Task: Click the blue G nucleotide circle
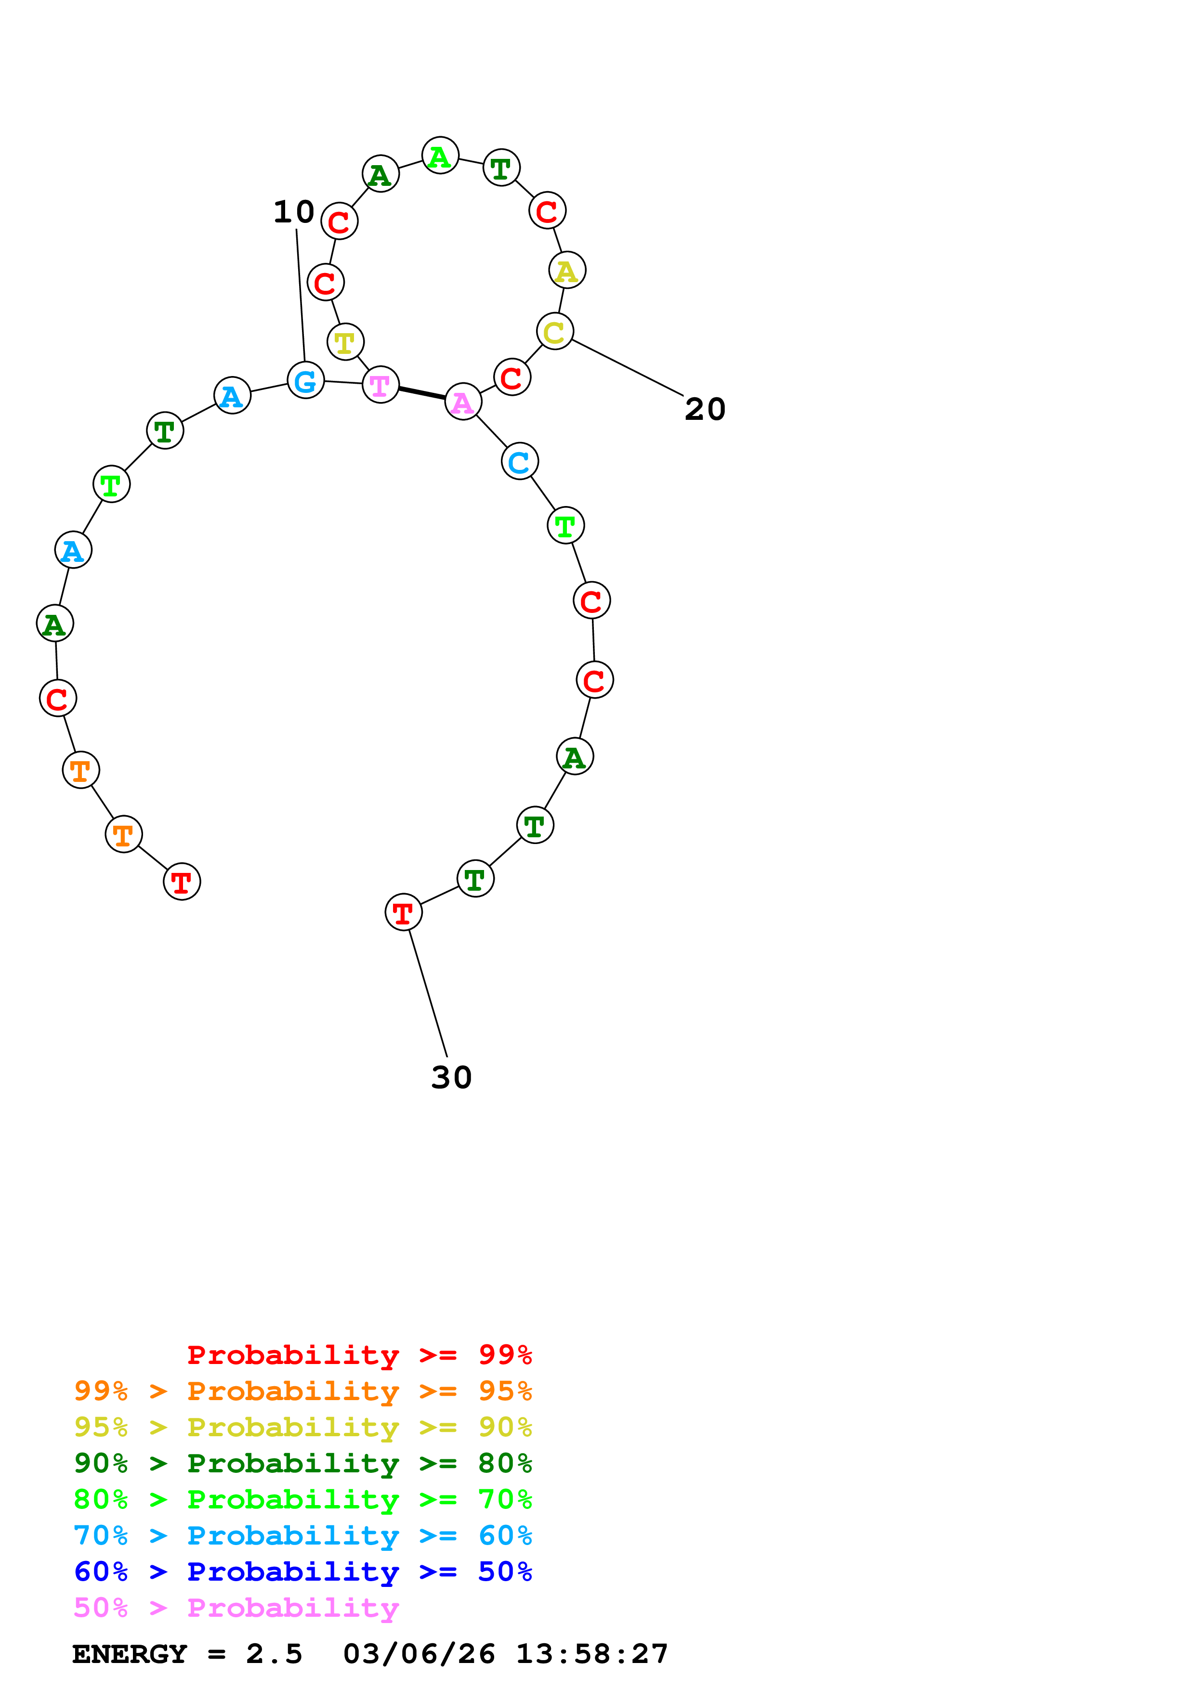click(305, 380)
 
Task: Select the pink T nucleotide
click(381, 384)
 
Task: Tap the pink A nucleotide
click(463, 402)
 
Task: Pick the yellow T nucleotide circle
click(345, 341)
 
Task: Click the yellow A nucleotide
click(566, 270)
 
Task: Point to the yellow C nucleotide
click(555, 331)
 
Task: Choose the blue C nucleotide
click(519, 461)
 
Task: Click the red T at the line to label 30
click(403, 912)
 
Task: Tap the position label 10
click(293, 212)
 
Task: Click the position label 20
click(705, 409)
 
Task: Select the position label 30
click(451, 1077)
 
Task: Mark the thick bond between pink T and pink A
click(421, 393)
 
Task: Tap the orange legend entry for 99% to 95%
click(302, 1390)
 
